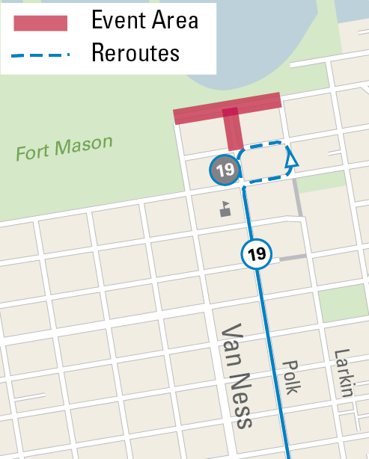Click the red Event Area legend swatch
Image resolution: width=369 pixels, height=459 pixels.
click(x=41, y=22)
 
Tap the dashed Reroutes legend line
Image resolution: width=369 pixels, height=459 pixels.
click(x=41, y=55)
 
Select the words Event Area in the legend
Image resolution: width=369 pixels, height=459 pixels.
click(x=144, y=20)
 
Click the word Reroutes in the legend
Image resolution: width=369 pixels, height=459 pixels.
click(x=135, y=53)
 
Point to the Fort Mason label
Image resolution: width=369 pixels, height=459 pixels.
click(x=64, y=148)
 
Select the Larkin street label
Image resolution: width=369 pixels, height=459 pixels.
click(x=343, y=372)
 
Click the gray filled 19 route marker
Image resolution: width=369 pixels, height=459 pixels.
click(x=225, y=170)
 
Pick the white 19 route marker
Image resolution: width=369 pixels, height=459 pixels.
click(x=257, y=254)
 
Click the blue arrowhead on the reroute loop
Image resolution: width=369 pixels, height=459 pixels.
click(x=291, y=158)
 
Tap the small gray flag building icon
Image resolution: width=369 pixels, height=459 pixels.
click(x=225, y=210)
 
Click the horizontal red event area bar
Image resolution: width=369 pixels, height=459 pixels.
click(x=228, y=108)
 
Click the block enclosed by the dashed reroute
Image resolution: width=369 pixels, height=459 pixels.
click(x=264, y=162)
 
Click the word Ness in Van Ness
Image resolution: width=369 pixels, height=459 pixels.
click(x=241, y=404)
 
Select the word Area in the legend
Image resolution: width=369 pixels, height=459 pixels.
click(x=174, y=20)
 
